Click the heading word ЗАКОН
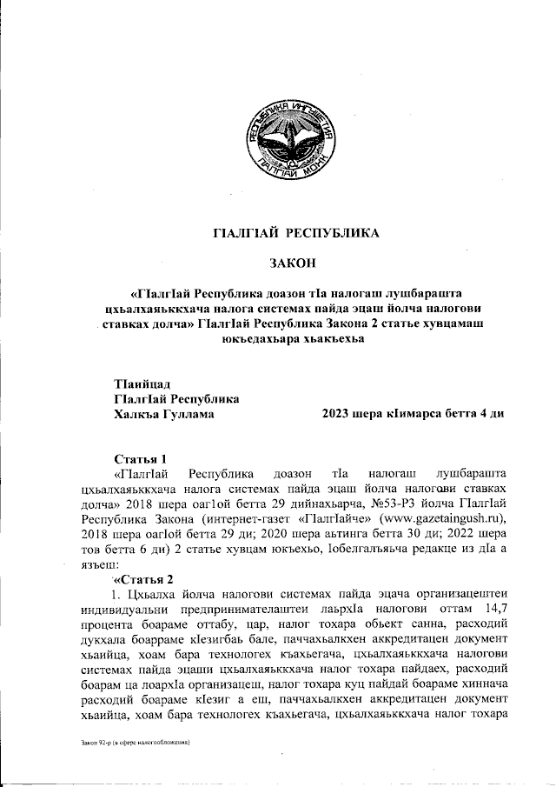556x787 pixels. [x=292, y=262]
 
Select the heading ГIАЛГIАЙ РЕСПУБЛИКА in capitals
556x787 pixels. [x=292, y=232]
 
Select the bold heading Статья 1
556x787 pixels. [x=138, y=458]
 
